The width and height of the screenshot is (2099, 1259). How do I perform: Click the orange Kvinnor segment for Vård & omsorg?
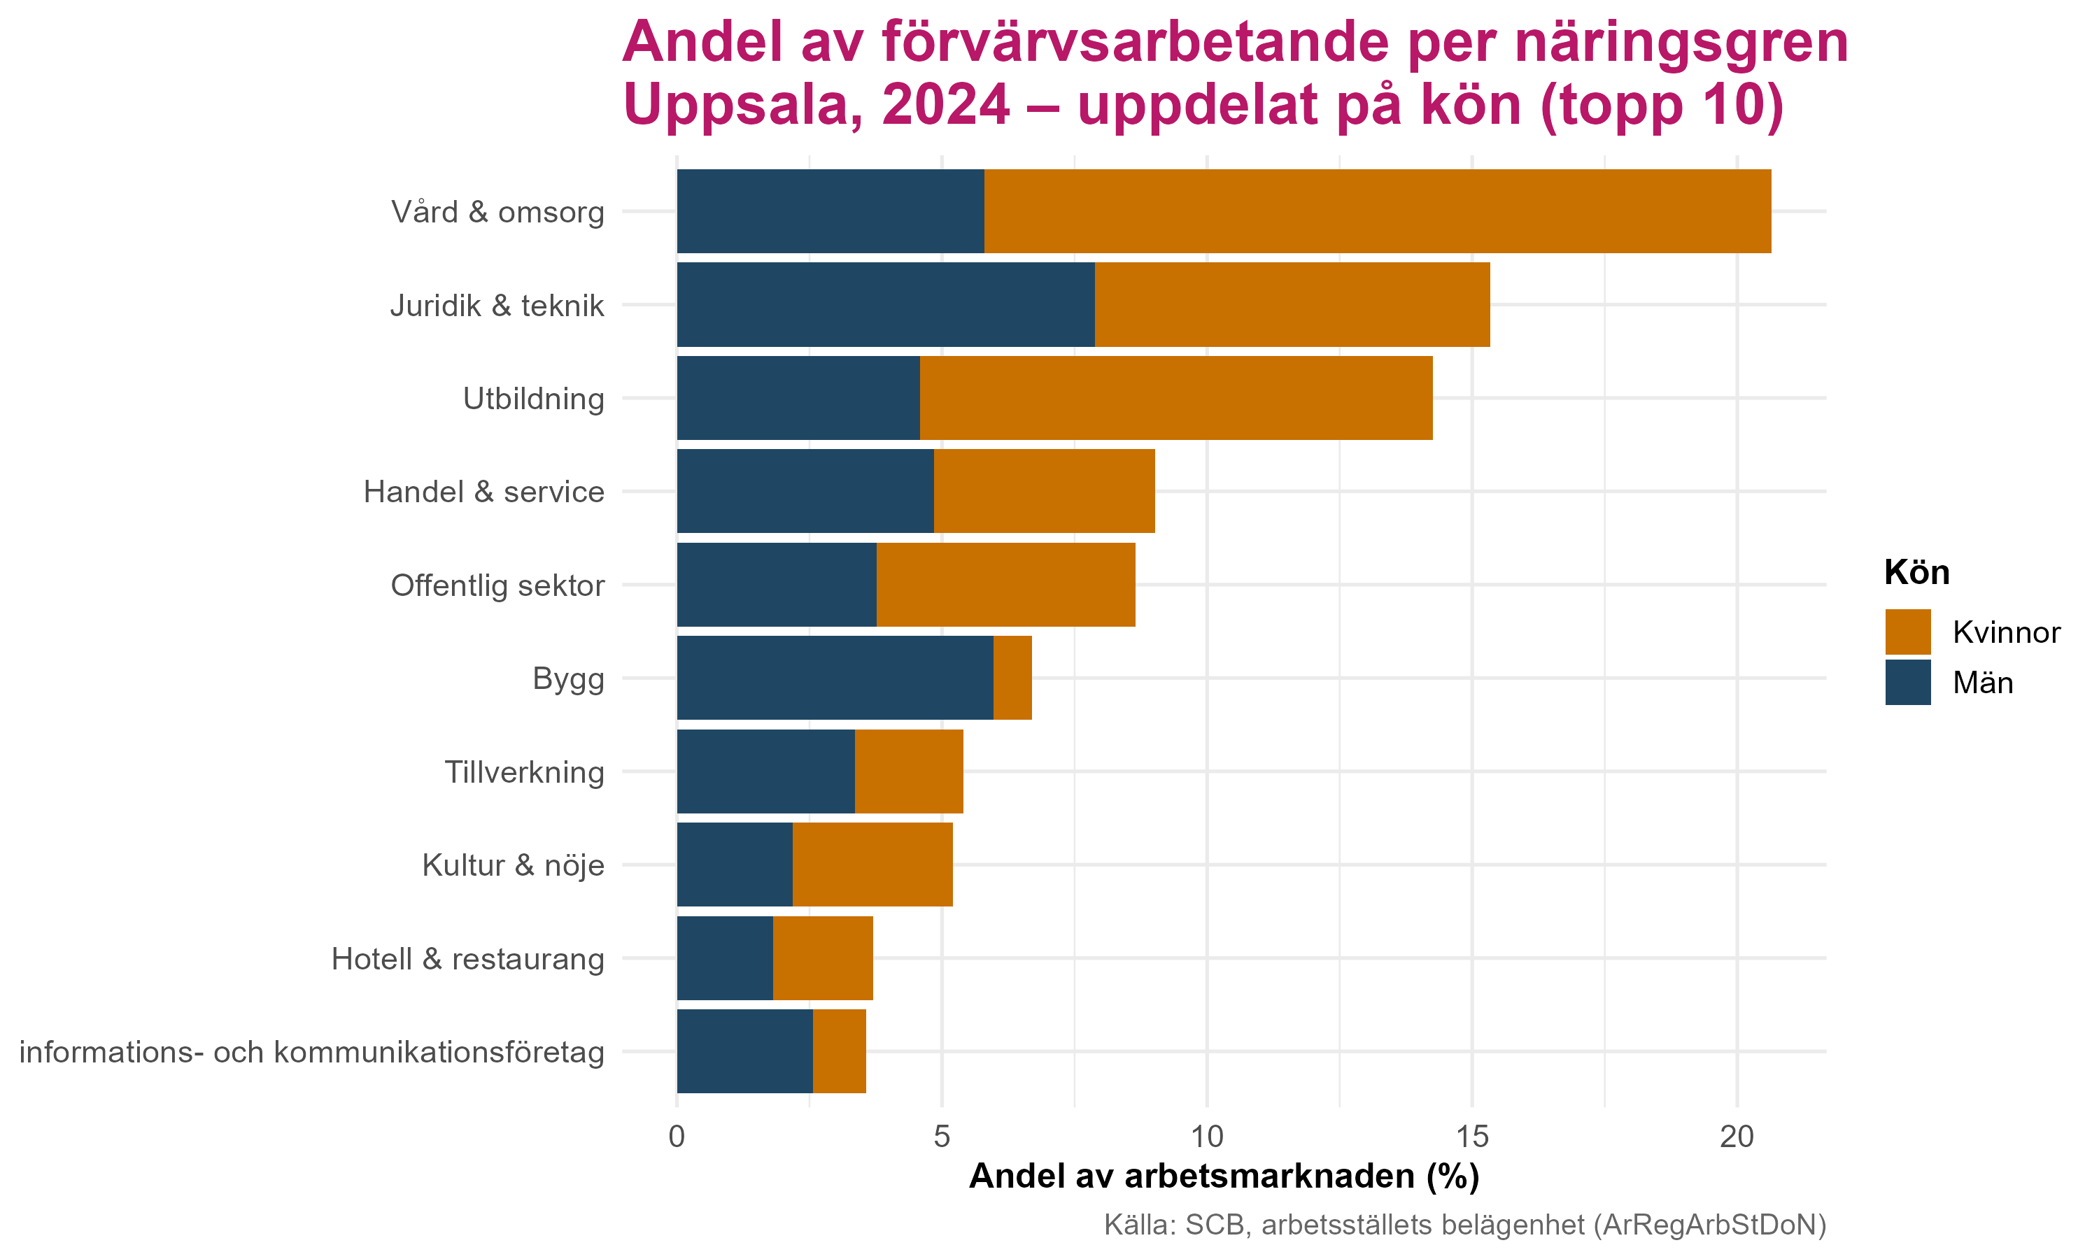point(1377,211)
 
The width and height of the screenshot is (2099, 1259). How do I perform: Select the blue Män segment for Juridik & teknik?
point(885,304)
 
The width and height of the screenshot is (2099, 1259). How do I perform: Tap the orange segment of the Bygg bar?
point(1012,678)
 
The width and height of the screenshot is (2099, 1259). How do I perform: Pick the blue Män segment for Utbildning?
point(798,398)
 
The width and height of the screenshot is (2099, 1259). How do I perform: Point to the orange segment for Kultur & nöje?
point(872,865)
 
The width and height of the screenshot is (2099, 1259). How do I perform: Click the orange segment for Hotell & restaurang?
point(822,958)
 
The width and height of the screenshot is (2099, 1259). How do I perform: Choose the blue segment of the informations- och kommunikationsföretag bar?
point(744,1051)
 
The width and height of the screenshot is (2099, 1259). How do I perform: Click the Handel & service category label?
point(483,492)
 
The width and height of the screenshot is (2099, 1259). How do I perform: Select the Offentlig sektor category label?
point(497,585)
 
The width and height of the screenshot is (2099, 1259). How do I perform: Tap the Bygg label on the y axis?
point(568,678)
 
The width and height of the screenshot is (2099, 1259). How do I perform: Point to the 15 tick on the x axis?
point(1471,1137)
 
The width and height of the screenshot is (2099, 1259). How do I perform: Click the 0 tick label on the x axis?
point(676,1137)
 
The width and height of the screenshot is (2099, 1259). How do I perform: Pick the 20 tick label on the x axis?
point(1736,1137)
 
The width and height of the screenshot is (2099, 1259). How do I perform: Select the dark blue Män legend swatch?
point(1908,682)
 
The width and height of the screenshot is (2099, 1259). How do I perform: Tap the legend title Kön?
point(1916,574)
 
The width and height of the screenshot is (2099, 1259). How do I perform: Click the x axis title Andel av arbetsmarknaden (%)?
point(1224,1176)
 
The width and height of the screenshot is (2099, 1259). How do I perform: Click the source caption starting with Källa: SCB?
point(1464,1225)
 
